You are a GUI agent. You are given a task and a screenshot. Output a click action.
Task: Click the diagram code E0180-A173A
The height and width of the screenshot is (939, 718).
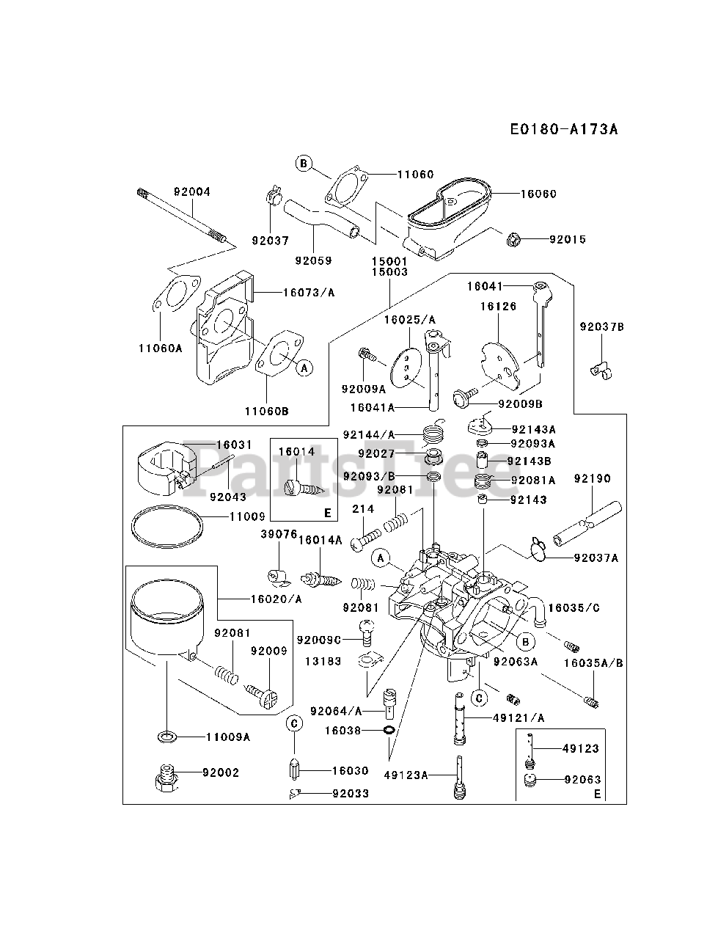pyautogui.click(x=564, y=130)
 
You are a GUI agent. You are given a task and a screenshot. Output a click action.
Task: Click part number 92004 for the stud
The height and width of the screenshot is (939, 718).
pyautogui.click(x=192, y=192)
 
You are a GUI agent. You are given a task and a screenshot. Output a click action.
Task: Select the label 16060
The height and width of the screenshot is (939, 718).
pyautogui.click(x=538, y=194)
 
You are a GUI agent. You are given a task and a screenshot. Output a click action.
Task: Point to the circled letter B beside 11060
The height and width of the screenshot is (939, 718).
pyautogui.click(x=304, y=163)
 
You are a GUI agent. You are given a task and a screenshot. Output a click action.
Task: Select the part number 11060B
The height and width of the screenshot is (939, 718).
pyautogui.click(x=268, y=412)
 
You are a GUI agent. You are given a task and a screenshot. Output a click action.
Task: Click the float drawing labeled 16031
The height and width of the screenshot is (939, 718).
pyautogui.click(x=167, y=469)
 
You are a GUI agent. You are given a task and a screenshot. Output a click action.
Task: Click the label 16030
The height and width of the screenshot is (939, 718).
pyautogui.click(x=350, y=771)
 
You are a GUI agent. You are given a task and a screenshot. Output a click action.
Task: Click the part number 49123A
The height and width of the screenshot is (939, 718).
pyautogui.click(x=406, y=774)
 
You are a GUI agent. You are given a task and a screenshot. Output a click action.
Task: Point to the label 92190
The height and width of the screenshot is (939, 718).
pyautogui.click(x=593, y=479)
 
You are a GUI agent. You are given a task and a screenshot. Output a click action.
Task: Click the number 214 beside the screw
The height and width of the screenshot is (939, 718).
pyautogui.click(x=363, y=508)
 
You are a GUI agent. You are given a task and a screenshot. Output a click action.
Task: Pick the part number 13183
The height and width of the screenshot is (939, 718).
pyautogui.click(x=323, y=661)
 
